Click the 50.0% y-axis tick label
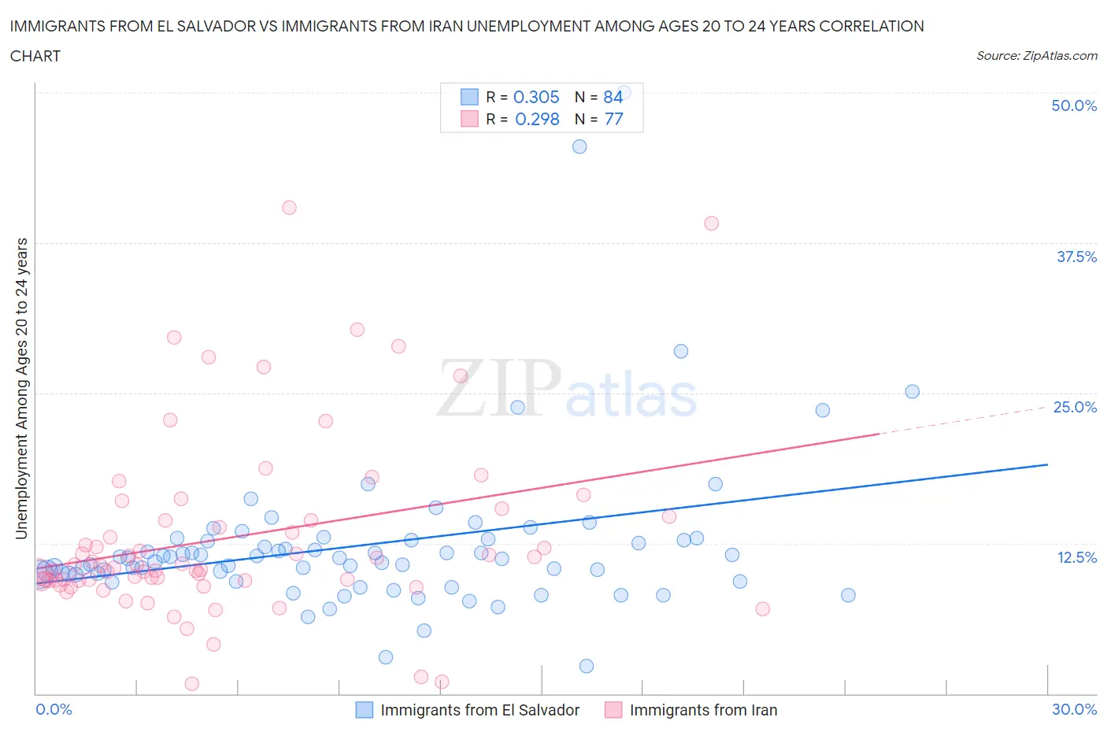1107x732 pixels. tap(1074, 105)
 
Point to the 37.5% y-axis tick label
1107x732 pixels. tap(1076, 257)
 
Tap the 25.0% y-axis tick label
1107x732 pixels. tap(1075, 407)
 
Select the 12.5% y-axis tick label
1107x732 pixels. tap(1076, 557)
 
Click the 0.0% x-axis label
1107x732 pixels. tap(54, 709)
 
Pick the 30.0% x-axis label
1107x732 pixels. tap(1074, 709)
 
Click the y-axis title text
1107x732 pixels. tap(21, 389)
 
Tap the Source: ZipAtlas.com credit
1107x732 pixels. tap(1036, 55)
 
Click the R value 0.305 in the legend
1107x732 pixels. tap(536, 97)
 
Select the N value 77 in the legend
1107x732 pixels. tap(613, 119)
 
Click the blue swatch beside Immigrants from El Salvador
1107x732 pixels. tap(365, 710)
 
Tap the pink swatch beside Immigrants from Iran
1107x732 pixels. tap(613, 710)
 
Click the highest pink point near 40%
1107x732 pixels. tap(289, 208)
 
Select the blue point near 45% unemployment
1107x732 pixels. tap(579, 146)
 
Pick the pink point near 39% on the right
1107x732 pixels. tap(712, 224)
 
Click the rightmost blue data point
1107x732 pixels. tap(913, 391)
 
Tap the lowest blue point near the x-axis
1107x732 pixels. tap(587, 666)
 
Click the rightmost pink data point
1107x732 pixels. tap(762, 608)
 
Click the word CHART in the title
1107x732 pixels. tap(35, 56)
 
